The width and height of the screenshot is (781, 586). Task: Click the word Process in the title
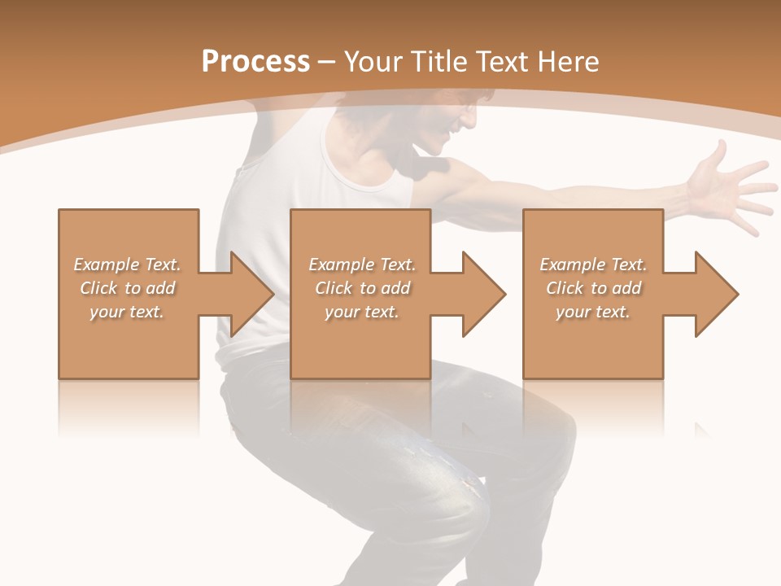[x=255, y=62]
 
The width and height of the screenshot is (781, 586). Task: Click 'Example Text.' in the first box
[x=127, y=265]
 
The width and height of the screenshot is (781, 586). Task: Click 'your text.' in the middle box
[x=361, y=313]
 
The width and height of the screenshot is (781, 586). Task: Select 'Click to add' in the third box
[x=593, y=288]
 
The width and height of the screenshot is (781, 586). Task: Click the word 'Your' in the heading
[x=373, y=62]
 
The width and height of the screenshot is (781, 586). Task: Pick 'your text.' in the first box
[x=127, y=313]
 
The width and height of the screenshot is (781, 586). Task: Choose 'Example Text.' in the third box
[x=593, y=265]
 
